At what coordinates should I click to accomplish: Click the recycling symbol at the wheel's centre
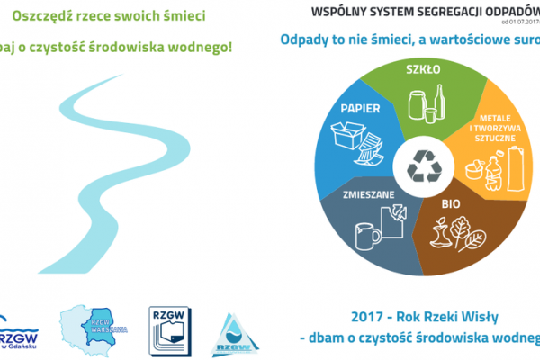(x=422, y=165)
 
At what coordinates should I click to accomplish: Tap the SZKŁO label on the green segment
(x=421, y=69)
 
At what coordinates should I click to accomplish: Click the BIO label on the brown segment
(x=450, y=204)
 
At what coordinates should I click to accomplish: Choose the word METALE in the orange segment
(x=490, y=117)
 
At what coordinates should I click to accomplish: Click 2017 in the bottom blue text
(x=364, y=316)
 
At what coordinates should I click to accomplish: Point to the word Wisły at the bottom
(x=486, y=316)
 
